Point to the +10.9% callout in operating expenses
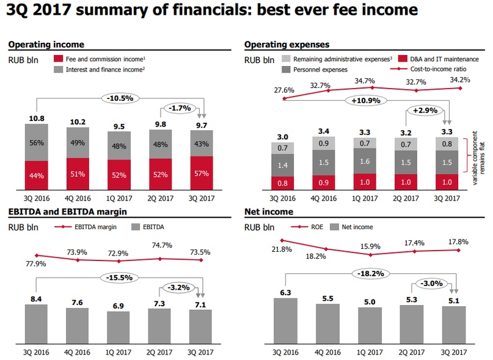[x=363, y=100]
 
